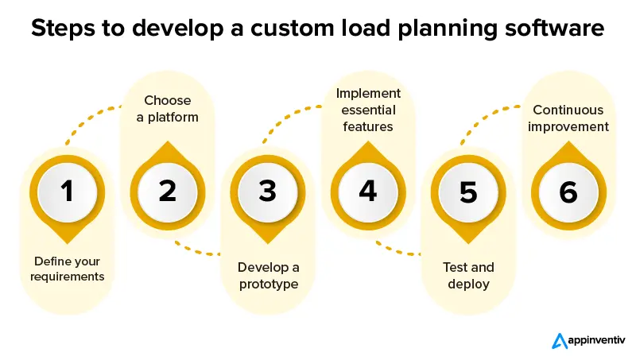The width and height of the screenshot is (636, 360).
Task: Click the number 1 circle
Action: point(67,192)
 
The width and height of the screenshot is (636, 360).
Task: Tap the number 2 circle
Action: point(167,192)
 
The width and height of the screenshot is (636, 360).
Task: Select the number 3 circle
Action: point(267,192)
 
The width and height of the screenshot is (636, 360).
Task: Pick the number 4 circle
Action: point(367,192)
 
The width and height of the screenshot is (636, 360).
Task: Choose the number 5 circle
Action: point(468,192)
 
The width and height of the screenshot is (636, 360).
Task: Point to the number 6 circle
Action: point(568,192)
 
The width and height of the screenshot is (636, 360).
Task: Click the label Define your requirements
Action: point(68,269)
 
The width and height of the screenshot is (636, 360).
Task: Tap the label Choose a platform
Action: point(168,109)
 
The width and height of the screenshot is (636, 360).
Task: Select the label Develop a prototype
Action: point(268,275)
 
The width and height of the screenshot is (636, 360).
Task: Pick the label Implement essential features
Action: point(368,110)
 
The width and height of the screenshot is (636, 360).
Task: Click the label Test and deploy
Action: point(468,275)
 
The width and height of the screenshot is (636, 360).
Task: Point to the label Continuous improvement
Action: point(568,118)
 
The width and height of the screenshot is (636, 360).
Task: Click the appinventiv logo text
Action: point(595,340)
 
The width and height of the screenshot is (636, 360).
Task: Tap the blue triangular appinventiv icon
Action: point(557,340)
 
